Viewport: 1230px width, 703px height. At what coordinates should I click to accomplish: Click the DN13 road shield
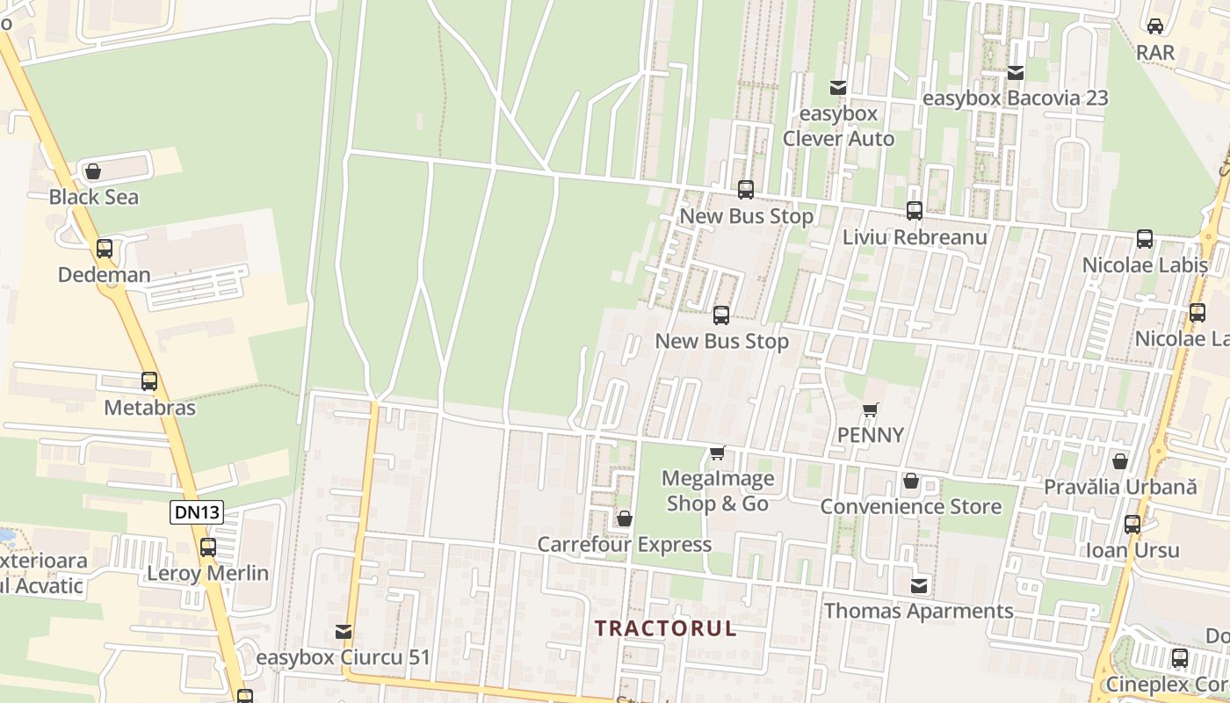197,512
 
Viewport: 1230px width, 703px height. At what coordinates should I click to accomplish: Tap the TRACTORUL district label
665,628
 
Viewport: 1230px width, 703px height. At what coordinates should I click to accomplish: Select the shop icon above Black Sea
92,171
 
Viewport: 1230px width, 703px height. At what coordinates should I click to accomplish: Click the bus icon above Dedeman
105,249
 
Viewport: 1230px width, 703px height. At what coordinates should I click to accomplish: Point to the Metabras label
149,408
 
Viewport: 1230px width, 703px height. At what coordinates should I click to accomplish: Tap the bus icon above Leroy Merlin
207,547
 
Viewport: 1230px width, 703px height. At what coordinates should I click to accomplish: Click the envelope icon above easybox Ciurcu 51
344,632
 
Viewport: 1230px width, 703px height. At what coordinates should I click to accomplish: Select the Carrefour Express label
624,544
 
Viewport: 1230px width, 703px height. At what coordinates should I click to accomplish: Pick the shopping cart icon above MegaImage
718,453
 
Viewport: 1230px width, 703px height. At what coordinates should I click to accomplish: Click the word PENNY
870,435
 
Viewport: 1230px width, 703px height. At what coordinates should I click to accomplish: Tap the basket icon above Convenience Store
911,482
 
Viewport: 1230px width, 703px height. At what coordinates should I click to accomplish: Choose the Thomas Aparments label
918,611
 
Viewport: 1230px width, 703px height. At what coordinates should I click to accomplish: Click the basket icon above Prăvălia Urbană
1120,461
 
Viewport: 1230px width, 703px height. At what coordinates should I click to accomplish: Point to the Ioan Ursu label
1132,550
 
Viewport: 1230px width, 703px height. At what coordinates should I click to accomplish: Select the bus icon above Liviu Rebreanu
915,211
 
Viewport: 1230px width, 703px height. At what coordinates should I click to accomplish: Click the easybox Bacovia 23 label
1016,98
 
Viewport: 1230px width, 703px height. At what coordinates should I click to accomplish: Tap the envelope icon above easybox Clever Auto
838,88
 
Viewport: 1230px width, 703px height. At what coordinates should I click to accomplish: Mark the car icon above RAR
1155,26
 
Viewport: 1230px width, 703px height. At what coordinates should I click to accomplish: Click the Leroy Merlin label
207,573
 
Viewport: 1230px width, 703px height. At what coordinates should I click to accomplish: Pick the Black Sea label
93,197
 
